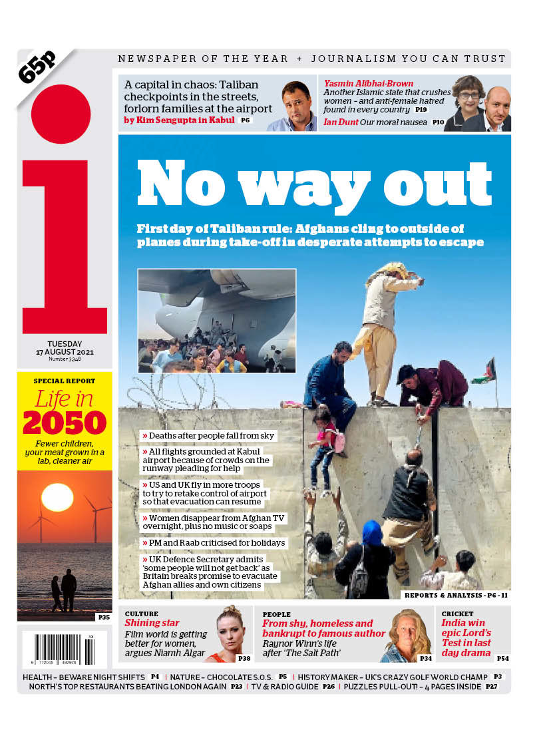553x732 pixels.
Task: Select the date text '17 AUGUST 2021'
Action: coord(65,351)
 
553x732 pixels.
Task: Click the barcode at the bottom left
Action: coord(59,649)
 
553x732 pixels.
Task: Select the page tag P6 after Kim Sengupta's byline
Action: coord(246,120)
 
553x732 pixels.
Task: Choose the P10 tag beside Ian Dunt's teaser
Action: coord(438,122)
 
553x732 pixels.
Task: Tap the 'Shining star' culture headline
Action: coord(152,623)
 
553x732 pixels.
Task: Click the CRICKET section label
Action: coord(458,614)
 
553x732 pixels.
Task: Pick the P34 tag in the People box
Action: coord(425,658)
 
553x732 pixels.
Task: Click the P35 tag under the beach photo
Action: coord(103,617)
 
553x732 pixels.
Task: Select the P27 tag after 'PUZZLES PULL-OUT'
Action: coord(491,687)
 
